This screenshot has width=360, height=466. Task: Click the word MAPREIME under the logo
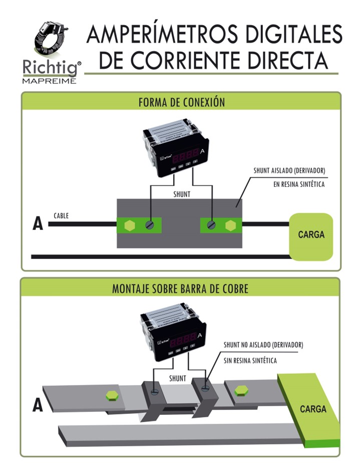point(49,80)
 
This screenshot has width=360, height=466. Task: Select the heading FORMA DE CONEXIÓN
point(181,102)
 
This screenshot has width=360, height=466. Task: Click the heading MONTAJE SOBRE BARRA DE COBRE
point(180,289)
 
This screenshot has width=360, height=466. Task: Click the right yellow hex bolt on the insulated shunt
point(230,225)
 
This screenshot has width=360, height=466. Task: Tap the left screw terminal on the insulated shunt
point(149,225)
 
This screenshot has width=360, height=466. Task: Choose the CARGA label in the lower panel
point(313,409)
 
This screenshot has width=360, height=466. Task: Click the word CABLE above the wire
point(61,216)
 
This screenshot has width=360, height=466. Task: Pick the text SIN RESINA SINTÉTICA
point(250,360)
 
